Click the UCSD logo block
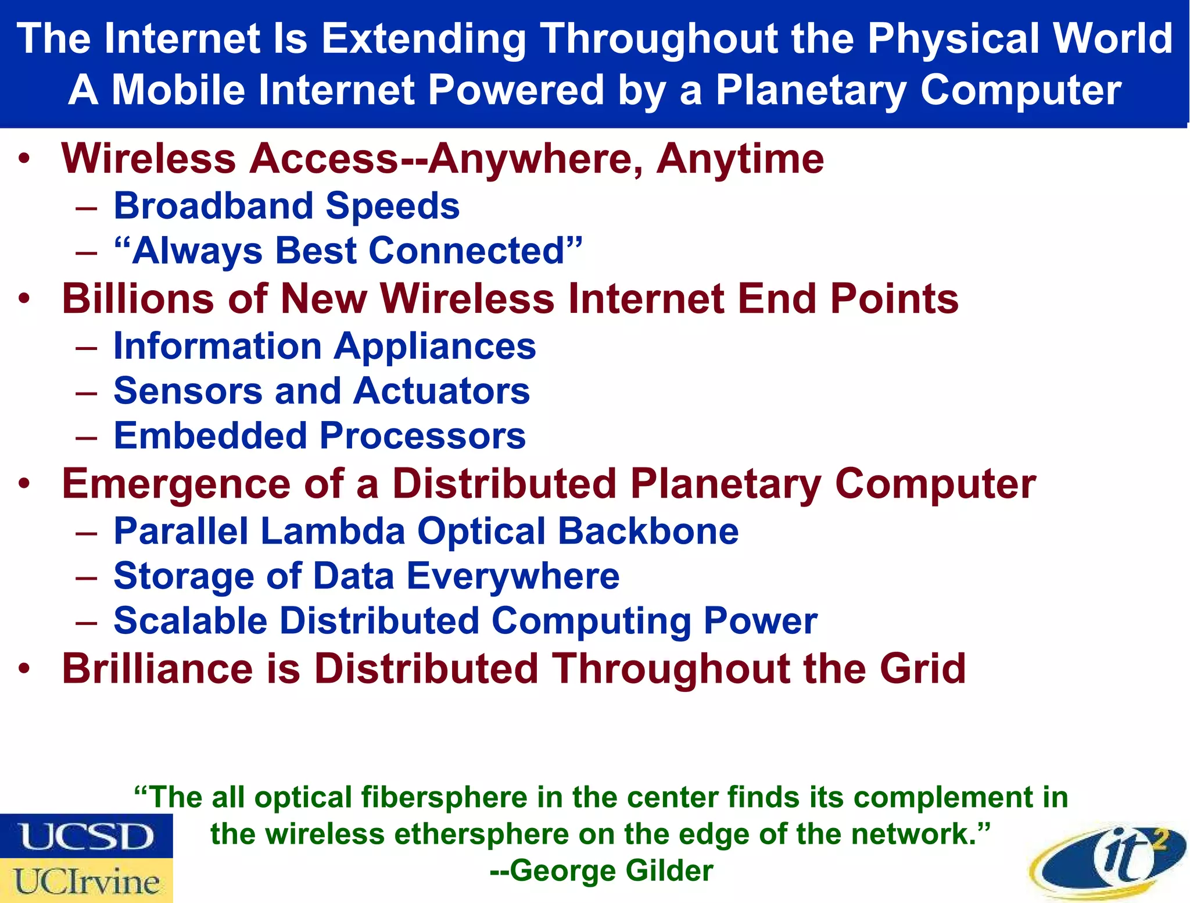pyautogui.click(x=86, y=836)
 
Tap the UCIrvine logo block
pyautogui.click(x=86, y=881)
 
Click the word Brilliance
pyautogui.click(x=157, y=669)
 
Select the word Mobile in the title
pyautogui.click(x=178, y=90)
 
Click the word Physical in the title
pyautogui.click(x=953, y=39)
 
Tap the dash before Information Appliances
pyautogui.click(x=86, y=347)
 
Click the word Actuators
pyautogui.click(x=442, y=391)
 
